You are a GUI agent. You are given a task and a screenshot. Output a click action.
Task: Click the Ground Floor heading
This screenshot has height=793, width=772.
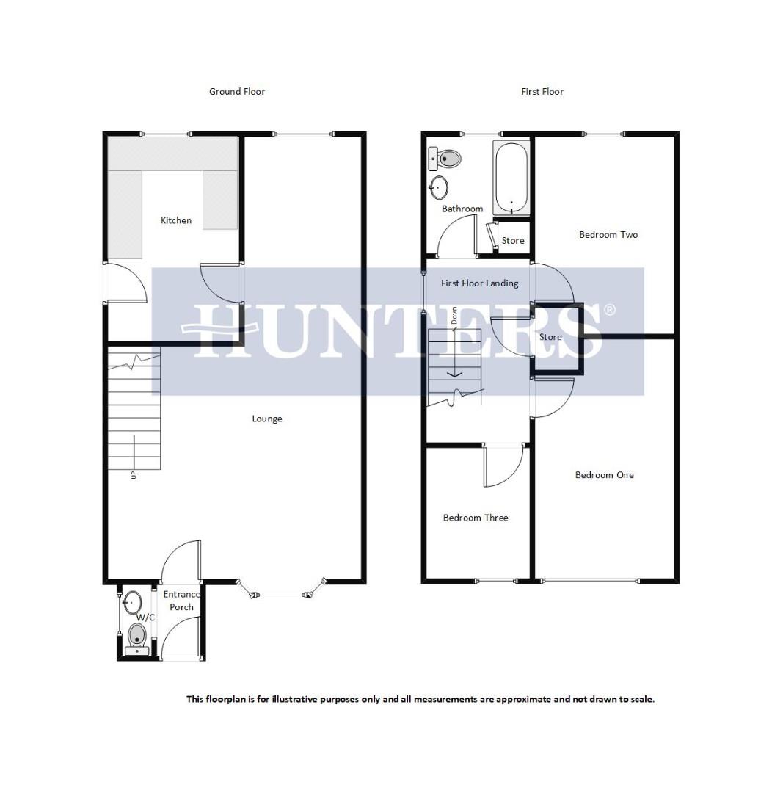point(236,92)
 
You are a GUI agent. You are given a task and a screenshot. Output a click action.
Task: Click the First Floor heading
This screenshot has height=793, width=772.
point(542,92)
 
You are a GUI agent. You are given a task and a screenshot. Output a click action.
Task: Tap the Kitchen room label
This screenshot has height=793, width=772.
point(176,220)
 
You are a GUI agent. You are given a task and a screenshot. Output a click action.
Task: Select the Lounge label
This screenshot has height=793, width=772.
point(267,419)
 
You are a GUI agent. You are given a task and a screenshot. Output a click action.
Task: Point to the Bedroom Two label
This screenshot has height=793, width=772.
point(608,235)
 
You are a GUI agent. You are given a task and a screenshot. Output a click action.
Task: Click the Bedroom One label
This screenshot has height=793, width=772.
point(604,475)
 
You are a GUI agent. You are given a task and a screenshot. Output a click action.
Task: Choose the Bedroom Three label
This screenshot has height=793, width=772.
point(476,518)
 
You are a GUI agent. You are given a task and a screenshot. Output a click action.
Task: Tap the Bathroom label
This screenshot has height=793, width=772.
point(462,209)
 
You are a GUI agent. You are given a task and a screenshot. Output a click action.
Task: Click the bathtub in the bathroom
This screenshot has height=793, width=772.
point(511,178)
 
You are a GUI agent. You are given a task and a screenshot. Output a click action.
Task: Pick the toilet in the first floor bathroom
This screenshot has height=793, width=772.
point(446,158)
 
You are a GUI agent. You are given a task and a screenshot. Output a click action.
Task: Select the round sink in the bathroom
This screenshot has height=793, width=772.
point(439,188)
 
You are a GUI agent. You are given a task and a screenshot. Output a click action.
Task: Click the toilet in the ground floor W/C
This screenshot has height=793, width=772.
point(137,636)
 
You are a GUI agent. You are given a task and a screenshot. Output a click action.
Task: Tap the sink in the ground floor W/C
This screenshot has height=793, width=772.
point(133,603)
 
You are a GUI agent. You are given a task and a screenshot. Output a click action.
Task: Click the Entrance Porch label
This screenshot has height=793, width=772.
point(181,601)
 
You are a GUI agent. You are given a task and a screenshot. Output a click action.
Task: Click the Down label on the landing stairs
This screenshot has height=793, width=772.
point(454,316)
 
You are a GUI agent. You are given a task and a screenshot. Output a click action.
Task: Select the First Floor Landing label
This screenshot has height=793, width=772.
point(479,283)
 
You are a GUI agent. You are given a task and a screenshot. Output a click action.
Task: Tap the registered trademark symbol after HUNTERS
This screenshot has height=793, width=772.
point(610,310)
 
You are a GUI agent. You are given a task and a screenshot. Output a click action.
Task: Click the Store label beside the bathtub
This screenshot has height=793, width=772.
point(513,241)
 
